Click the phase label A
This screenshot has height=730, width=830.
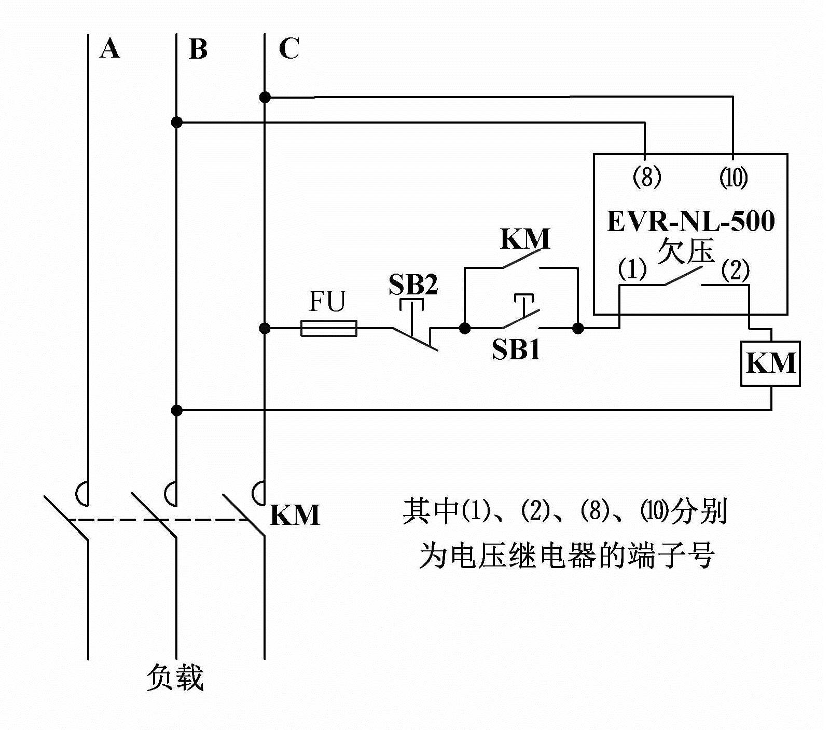pos(110,49)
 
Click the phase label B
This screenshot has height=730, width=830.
pos(198,49)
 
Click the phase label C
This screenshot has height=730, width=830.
pos(288,49)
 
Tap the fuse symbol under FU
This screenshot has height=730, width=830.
pos(329,328)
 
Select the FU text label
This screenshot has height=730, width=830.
pos(327,302)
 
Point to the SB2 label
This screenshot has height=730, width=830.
pos(413,285)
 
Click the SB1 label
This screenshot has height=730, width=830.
pos(516,349)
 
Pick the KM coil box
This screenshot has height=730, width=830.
pos(770,363)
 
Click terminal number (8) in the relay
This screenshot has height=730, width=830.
pos(646,178)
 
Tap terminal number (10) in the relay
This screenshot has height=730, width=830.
pos(733,178)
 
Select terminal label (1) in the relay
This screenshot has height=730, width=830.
pos(632,269)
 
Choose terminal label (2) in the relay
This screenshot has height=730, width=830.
pos(735,269)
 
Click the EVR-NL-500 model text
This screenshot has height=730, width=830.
pos(690,221)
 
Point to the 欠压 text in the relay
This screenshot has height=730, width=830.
pos(685,251)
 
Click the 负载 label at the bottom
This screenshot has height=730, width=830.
pos(175,678)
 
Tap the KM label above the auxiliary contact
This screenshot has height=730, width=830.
pos(524,239)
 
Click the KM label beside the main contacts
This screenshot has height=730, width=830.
pos(295,515)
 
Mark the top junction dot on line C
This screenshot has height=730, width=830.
pos(265,97)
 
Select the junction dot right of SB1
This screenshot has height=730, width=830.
pos(578,328)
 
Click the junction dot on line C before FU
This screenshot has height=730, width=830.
pos(265,328)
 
